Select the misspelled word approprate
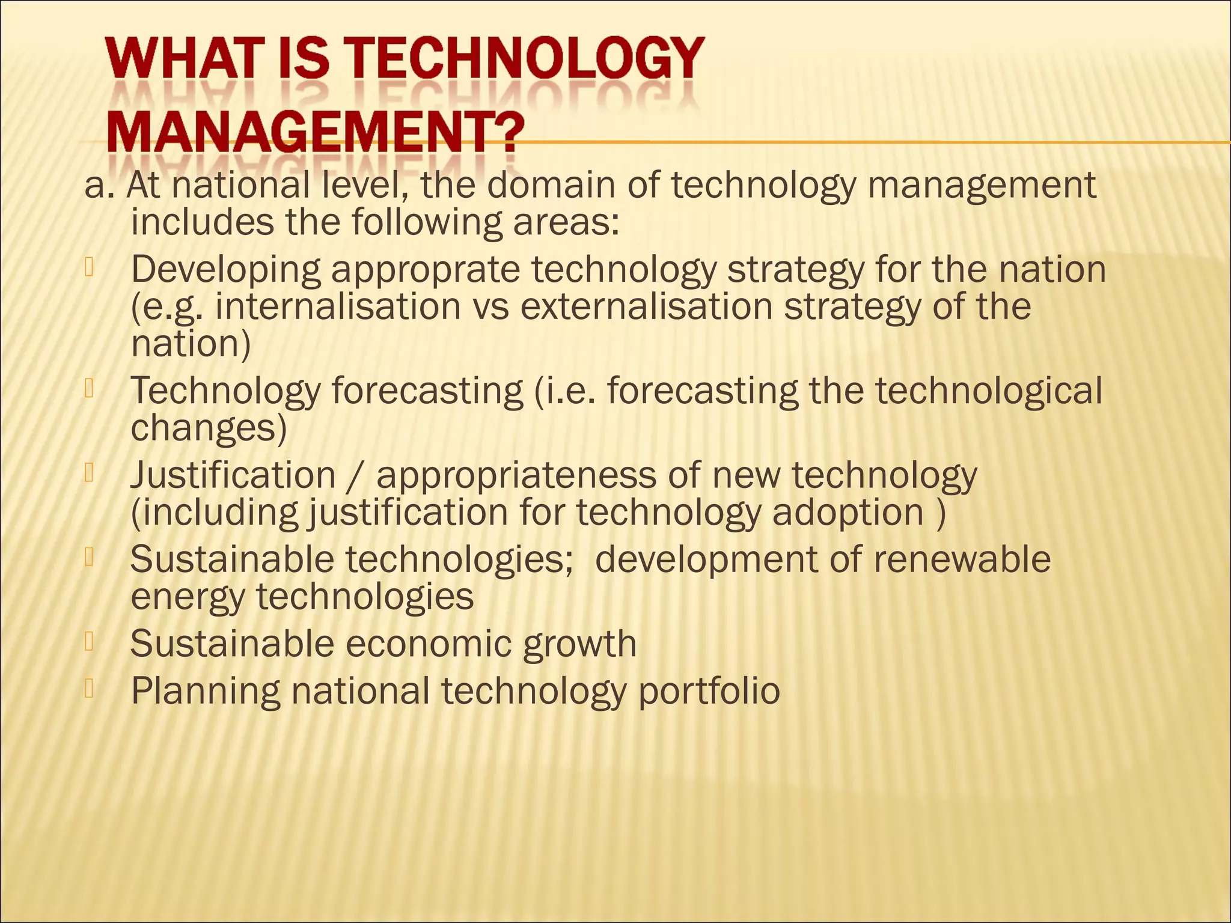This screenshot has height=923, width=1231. [x=425, y=270]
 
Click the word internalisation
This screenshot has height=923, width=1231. [x=338, y=307]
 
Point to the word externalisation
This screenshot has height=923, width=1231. [x=646, y=307]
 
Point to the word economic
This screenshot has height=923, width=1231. [x=429, y=644]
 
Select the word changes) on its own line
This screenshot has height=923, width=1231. [x=209, y=428]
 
